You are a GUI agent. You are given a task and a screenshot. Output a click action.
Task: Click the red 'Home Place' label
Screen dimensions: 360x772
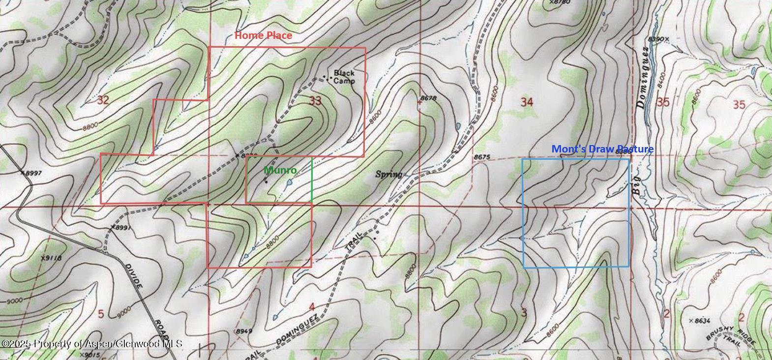(263, 35)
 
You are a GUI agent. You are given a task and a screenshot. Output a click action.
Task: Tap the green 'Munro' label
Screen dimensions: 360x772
(280, 170)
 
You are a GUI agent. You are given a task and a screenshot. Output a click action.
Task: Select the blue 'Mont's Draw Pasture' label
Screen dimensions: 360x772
(602, 149)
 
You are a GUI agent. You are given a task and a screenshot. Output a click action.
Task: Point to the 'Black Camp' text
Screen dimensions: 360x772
(344, 77)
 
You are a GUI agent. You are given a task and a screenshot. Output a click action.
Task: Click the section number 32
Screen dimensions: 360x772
(103, 100)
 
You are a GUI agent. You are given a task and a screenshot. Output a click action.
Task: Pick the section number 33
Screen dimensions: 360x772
(315, 101)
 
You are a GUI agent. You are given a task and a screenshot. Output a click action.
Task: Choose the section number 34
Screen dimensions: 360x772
(527, 102)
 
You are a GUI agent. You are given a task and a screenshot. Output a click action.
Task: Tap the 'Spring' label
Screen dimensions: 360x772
(389, 174)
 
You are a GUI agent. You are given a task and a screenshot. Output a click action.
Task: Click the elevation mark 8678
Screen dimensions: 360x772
(429, 98)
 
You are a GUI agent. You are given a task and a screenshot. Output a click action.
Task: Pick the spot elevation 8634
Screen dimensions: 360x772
(702, 321)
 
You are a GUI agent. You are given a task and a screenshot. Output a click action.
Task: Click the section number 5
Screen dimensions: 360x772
(101, 314)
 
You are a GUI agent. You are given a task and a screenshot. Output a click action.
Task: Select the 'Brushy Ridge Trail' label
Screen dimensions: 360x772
(730, 338)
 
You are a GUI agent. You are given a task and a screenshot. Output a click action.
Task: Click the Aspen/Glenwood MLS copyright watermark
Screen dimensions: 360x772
(92, 344)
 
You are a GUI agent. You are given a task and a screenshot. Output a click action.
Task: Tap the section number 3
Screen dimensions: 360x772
(524, 312)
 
